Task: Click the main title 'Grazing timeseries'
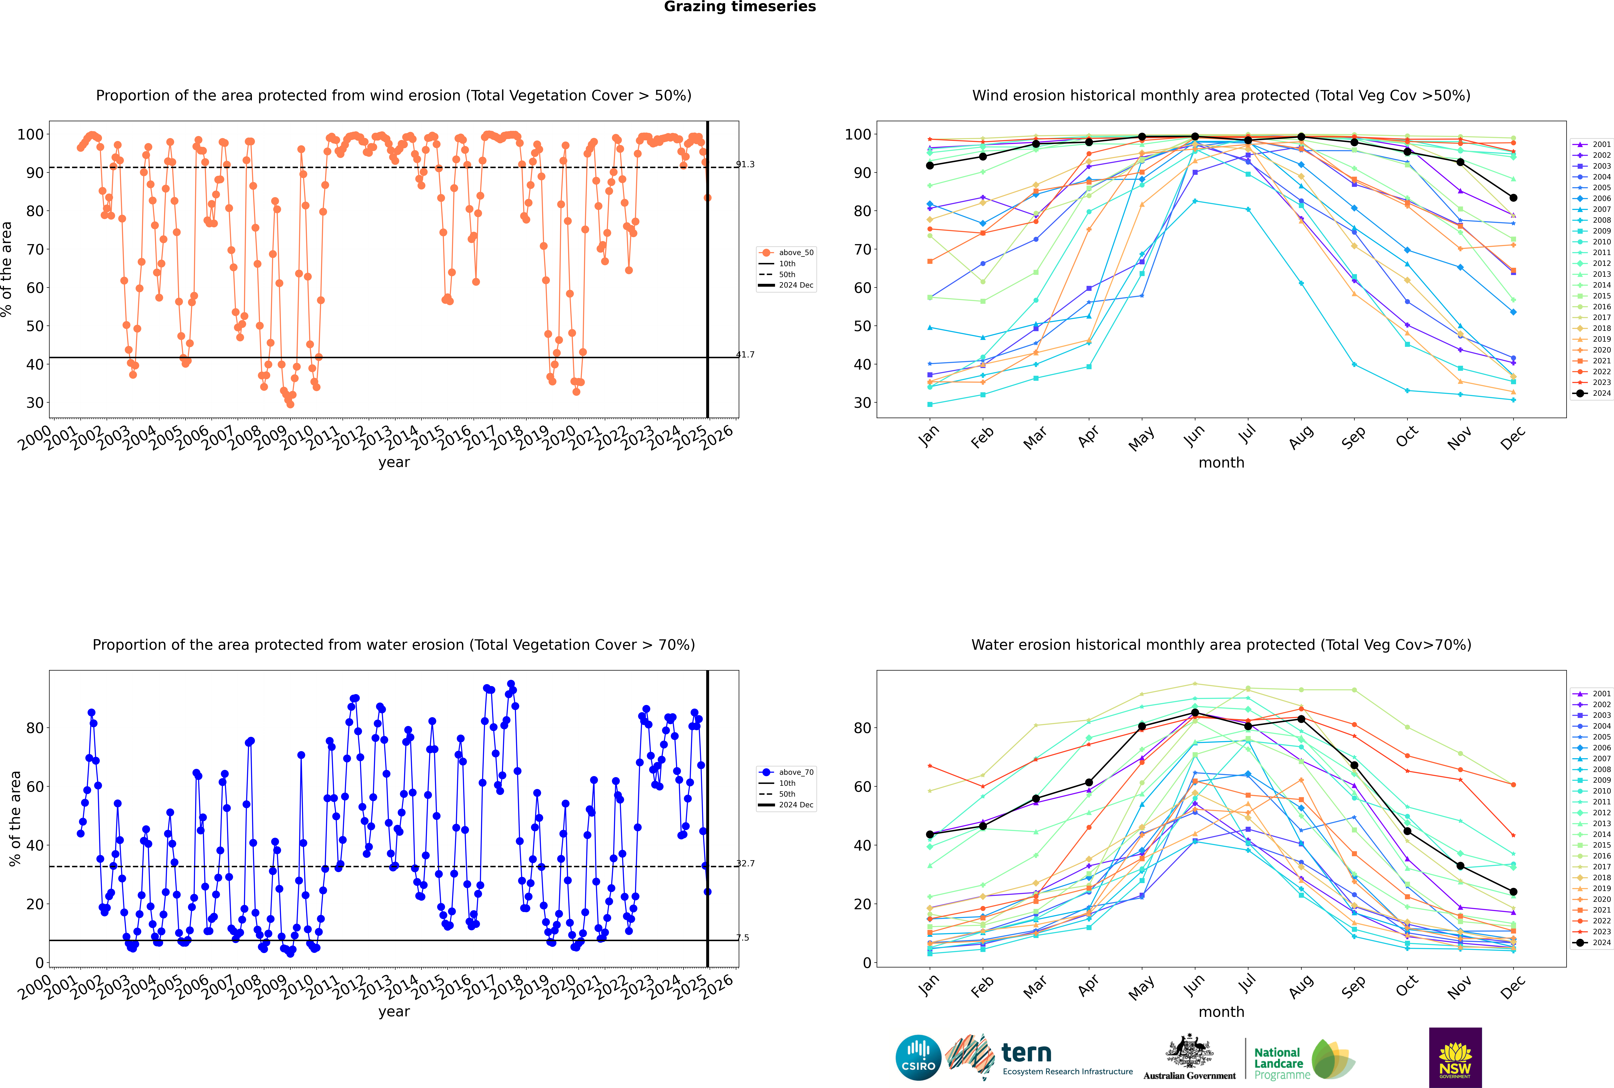tap(740, 7)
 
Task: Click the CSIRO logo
tap(918, 1058)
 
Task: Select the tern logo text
tap(1026, 1053)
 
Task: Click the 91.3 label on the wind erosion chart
tap(745, 164)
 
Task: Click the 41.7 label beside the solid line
tap(745, 355)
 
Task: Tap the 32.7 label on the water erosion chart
tap(745, 863)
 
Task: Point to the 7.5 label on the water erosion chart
tap(743, 937)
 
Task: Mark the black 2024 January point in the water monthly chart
tap(930, 835)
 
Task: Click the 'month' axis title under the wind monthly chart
tap(1221, 463)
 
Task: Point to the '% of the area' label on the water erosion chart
tap(15, 819)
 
